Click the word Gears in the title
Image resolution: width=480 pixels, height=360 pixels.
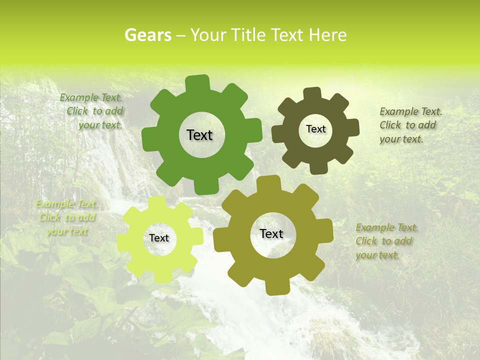tap(147, 35)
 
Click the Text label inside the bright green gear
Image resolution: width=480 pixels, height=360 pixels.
tap(199, 135)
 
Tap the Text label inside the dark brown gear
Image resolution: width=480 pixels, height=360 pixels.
tap(315, 129)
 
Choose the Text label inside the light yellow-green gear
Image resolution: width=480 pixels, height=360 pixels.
tap(159, 238)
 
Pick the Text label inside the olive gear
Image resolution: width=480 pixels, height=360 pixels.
tap(271, 233)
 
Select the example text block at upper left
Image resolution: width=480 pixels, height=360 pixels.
tap(92, 111)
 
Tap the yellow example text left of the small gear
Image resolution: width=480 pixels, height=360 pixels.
tap(66, 217)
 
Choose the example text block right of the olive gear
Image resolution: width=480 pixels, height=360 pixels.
tap(386, 241)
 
